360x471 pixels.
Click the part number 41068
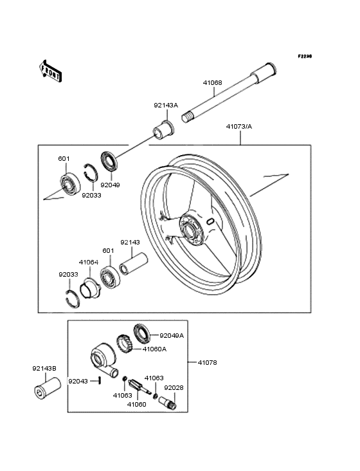click(212, 82)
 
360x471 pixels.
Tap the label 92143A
click(165, 106)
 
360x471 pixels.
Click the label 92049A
click(172, 335)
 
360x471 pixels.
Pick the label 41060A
click(154, 349)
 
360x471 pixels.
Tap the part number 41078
click(208, 363)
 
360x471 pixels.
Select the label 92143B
click(44, 369)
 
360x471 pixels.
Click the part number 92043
click(78, 381)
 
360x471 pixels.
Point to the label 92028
click(174, 388)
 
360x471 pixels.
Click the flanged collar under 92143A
click(163, 128)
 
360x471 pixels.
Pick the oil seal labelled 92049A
click(141, 333)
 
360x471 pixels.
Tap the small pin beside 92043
click(101, 380)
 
